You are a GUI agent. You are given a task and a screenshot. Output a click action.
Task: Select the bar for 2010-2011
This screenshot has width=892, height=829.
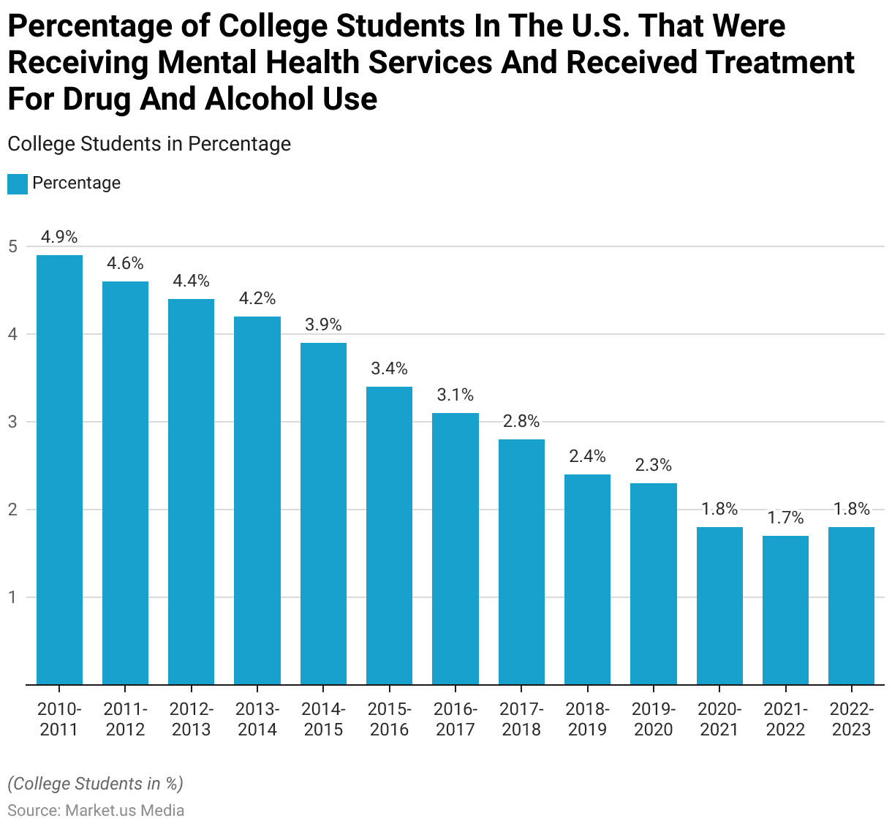pos(59,469)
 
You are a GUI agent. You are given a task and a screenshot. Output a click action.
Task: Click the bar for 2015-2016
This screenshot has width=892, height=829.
pos(389,535)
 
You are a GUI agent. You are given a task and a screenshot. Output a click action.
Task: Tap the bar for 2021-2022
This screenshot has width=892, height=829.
pos(785,610)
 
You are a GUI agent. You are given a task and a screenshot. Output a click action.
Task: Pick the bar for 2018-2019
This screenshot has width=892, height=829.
pos(587,579)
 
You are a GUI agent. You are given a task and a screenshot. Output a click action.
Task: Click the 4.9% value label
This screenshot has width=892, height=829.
pos(59,237)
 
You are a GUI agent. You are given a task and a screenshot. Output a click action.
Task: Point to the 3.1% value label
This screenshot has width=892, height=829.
pos(456,395)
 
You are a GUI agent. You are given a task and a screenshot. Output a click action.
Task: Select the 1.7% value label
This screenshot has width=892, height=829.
pos(785,518)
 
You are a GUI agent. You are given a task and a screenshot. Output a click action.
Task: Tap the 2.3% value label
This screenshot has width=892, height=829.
pos(653,465)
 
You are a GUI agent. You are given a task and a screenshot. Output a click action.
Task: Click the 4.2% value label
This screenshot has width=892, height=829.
pos(257,298)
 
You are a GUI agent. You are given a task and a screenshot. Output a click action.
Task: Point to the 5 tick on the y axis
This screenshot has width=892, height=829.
pos(12,246)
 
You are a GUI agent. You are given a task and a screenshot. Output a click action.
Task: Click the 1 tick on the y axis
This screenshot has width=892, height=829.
pos(12,597)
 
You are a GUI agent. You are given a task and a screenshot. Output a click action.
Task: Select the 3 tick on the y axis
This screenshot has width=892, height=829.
pos(12,422)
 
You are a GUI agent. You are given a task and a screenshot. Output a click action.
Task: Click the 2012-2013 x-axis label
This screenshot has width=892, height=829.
pos(192,719)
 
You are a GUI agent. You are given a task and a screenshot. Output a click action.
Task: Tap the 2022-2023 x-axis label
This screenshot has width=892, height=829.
pos(851,719)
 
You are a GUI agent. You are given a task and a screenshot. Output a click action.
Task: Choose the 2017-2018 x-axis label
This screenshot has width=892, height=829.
pos(521,719)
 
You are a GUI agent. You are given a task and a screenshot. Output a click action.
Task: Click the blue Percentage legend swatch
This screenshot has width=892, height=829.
pos(18,183)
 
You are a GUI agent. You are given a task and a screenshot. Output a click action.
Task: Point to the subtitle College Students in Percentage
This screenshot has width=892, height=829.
pos(149,144)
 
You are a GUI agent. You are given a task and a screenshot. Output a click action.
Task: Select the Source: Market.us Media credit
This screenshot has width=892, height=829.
pos(96,810)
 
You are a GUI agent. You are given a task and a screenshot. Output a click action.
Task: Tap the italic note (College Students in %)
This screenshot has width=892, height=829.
pos(95,784)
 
